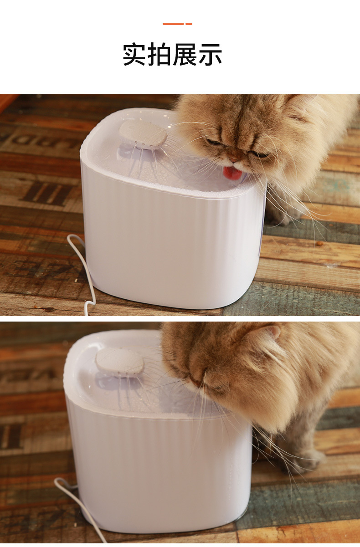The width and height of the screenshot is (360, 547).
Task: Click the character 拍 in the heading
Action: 159,54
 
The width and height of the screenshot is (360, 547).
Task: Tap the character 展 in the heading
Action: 185,54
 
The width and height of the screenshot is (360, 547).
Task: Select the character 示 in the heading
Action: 210,55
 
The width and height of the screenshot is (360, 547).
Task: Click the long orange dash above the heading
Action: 173,24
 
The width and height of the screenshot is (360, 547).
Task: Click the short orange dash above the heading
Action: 189,24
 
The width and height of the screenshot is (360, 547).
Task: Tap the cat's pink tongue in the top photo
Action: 232,173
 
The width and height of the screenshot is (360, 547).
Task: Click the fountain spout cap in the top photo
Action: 143,134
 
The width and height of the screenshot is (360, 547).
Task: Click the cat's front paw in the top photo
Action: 283,215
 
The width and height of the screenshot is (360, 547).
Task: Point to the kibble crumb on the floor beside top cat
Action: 319,243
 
